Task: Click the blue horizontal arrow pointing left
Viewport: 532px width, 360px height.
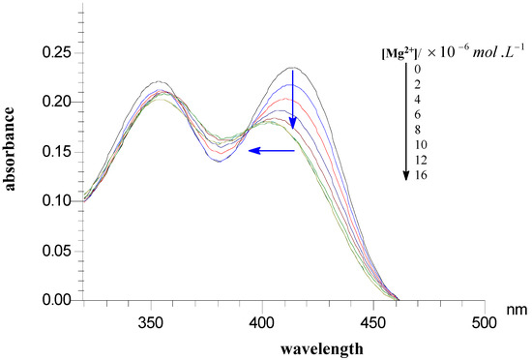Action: point(272,150)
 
